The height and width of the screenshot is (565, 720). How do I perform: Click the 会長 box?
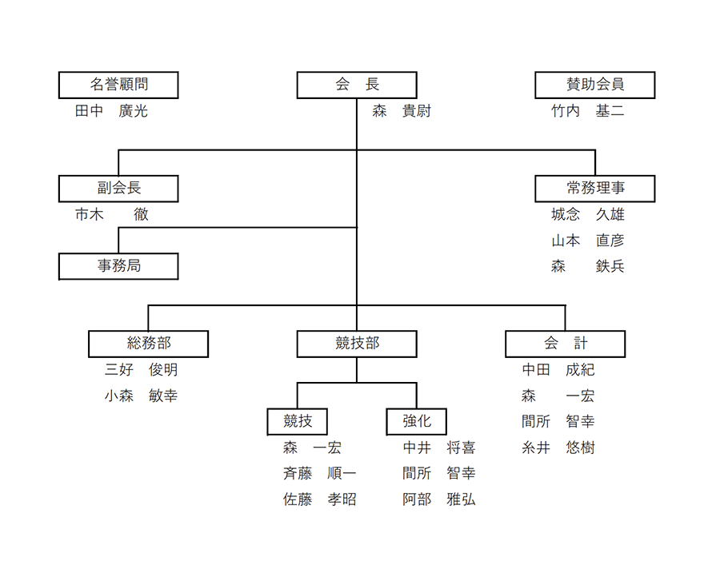tap(357, 85)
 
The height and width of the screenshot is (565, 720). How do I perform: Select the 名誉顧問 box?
tap(118, 85)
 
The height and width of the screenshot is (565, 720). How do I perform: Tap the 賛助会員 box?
tap(595, 85)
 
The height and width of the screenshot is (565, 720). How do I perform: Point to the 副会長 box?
tap(118, 189)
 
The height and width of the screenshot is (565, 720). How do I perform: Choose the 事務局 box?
tap(118, 266)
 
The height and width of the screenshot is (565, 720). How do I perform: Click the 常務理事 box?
tap(595, 189)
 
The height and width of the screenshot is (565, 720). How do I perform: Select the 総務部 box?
tap(148, 344)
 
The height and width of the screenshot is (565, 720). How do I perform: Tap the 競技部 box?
tap(357, 344)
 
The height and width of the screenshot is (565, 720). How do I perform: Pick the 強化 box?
tap(417, 421)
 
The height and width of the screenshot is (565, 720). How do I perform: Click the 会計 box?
tap(566, 344)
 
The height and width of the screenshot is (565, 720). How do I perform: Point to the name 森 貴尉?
tap(402, 111)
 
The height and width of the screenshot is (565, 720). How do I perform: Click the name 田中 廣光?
tap(111, 111)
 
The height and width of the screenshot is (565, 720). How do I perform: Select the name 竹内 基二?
tap(588, 111)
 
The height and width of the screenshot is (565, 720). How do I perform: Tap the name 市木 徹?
tap(111, 214)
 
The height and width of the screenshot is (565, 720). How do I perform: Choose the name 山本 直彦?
tap(588, 241)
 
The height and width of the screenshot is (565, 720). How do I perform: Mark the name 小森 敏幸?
tap(141, 396)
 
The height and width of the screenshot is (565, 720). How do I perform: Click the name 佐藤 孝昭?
tap(319, 499)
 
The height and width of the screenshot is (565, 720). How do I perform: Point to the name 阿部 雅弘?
tap(439, 499)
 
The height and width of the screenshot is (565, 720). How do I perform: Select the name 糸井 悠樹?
tap(558, 448)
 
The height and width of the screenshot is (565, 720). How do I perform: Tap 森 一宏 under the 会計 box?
tap(558, 396)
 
